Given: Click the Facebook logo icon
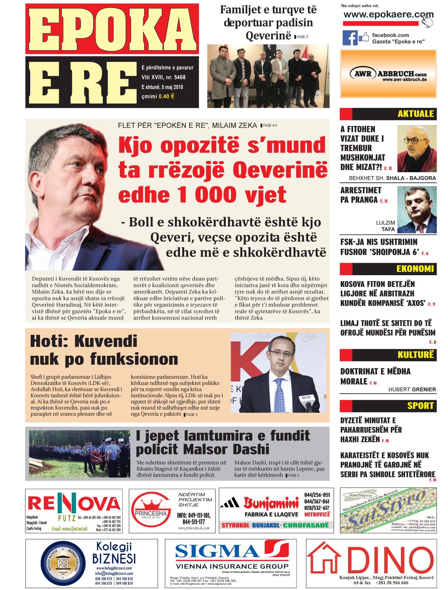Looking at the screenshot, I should [x=350, y=38].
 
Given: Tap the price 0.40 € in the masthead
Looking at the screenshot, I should [x=166, y=97].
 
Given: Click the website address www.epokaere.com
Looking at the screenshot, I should [x=388, y=15].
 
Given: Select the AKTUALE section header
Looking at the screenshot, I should [x=415, y=114].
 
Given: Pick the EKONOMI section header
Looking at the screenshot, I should [x=415, y=269].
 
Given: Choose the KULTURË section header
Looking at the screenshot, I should [x=415, y=355].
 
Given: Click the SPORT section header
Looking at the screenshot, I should [x=420, y=406].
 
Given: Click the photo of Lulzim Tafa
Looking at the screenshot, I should [x=417, y=210].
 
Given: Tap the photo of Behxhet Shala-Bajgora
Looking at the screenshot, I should [x=417, y=148].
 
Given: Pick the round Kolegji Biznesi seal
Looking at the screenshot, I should [x=63, y=563].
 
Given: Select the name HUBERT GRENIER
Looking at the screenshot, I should [x=412, y=389].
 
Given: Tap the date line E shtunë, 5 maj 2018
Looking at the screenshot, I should [x=162, y=87].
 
